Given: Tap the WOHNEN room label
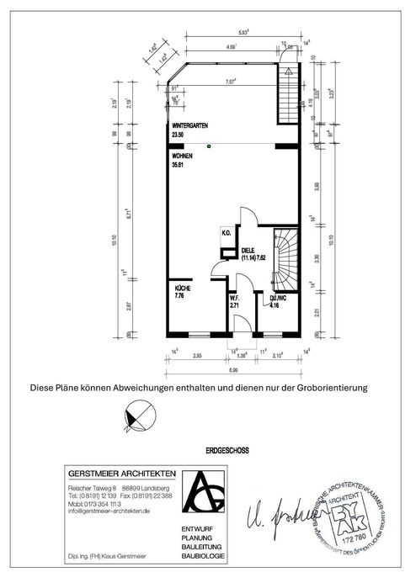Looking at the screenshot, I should (x=182, y=157).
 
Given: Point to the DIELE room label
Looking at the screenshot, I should (x=248, y=250).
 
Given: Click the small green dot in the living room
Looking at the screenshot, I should (x=213, y=146).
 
